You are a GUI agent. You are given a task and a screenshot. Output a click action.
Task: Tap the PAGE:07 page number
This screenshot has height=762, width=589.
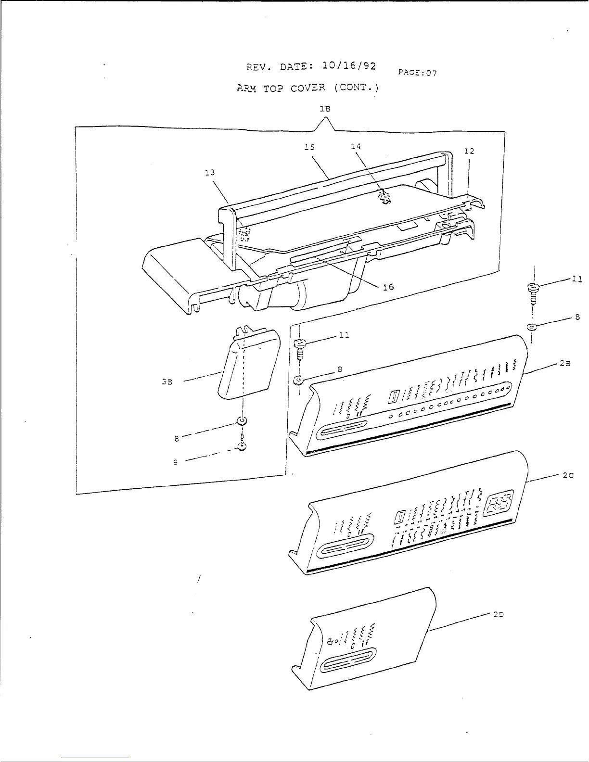[417, 73]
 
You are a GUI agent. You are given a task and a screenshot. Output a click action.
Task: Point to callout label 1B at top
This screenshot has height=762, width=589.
[325, 109]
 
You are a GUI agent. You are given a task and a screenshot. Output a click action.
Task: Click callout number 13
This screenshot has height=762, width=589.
[210, 172]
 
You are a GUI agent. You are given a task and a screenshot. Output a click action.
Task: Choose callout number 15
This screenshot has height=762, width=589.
[309, 147]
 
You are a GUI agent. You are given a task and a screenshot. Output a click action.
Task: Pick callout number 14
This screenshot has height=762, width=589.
[356, 146]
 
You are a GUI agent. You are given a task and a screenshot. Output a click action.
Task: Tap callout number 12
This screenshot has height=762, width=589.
[469, 151]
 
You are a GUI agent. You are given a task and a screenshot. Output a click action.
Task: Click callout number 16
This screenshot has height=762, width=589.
[388, 287]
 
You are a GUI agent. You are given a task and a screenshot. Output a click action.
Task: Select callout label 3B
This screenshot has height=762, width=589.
[167, 381]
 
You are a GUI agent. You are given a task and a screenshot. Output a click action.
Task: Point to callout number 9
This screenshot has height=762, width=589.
[176, 462]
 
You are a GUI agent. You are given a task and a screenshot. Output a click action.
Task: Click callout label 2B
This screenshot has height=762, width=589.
[565, 364]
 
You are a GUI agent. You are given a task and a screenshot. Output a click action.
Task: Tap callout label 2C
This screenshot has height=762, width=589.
[568, 476]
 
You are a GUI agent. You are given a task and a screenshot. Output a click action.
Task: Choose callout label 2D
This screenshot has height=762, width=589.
[498, 615]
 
